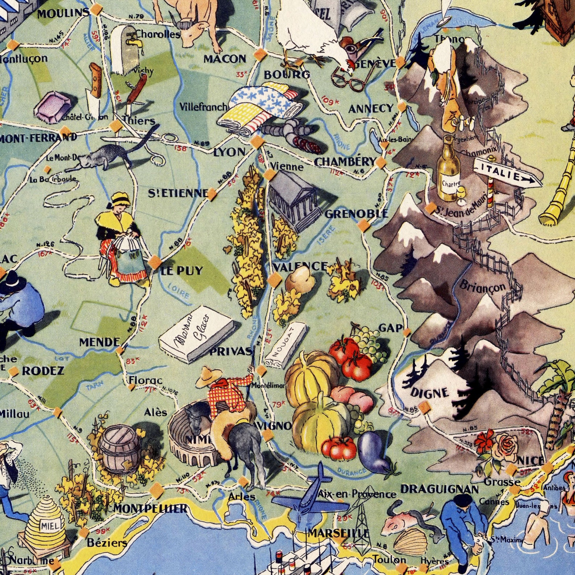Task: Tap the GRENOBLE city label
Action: [x=357, y=214]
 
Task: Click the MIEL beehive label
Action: [x=49, y=525]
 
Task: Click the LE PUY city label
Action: [x=182, y=270]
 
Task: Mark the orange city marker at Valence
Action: [x=274, y=280]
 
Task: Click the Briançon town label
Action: [x=482, y=287]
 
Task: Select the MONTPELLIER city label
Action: [x=150, y=508]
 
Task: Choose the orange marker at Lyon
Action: [x=256, y=142]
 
